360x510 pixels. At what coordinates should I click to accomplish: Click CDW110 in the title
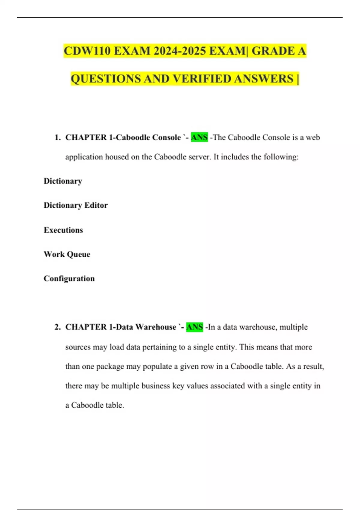(x=87, y=51)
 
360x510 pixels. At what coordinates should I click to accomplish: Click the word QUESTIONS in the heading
(x=106, y=79)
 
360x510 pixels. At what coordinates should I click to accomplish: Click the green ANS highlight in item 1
(x=199, y=137)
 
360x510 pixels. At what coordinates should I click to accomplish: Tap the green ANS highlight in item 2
(x=194, y=327)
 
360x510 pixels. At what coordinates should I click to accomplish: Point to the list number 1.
(x=57, y=137)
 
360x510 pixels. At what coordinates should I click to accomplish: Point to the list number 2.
(x=57, y=327)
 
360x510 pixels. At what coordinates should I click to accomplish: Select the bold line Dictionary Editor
(x=76, y=205)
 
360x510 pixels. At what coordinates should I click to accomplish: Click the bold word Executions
(x=63, y=230)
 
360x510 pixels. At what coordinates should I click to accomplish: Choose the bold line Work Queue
(x=67, y=254)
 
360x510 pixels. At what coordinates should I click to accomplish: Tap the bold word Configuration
(x=69, y=279)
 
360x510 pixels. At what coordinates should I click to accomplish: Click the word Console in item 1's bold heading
(x=166, y=137)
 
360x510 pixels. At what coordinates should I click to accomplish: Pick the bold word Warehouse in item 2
(x=156, y=327)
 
